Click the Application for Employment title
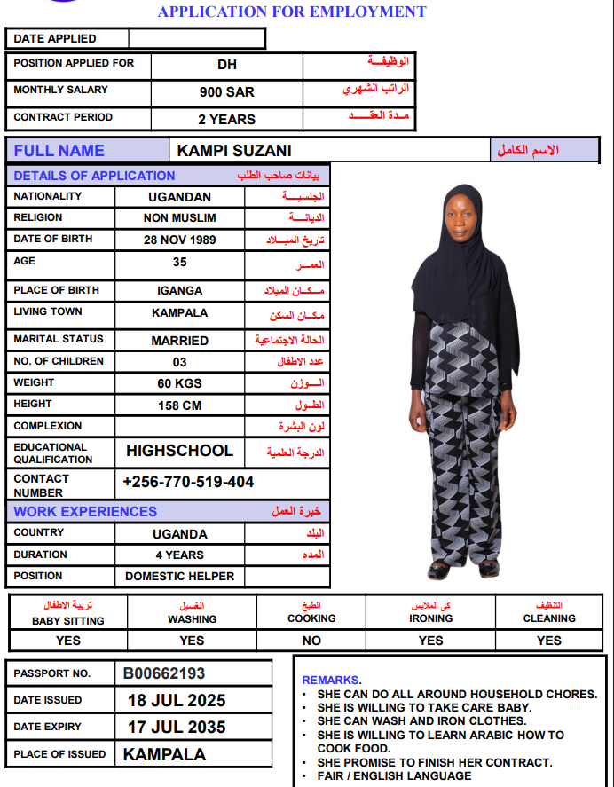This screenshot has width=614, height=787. click(x=292, y=12)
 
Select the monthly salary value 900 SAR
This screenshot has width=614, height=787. click(x=227, y=91)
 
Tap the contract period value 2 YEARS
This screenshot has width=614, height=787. click(x=227, y=119)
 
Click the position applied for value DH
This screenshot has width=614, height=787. click(x=227, y=65)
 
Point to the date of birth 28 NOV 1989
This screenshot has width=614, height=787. click(x=180, y=240)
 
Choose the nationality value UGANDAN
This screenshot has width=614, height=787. click(x=180, y=197)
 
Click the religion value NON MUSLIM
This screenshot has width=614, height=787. click(x=180, y=218)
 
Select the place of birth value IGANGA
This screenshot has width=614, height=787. click(x=180, y=290)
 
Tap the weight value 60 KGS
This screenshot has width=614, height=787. click(x=180, y=383)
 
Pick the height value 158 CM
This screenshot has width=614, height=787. click(x=180, y=405)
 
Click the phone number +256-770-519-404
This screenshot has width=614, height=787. click(x=188, y=482)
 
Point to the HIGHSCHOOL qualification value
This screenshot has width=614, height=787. click(x=180, y=451)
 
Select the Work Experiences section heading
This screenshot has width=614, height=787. click(x=85, y=511)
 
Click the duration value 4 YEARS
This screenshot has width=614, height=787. click(x=180, y=555)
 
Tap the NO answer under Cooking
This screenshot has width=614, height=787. click(x=311, y=640)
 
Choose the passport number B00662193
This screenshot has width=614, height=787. click(x=164, y=673)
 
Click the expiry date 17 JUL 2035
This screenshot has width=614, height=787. click(x=177, y=727)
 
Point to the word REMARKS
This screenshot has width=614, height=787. click(x=331, y=680)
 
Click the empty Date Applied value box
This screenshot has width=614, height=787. click(x=196, y=39)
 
